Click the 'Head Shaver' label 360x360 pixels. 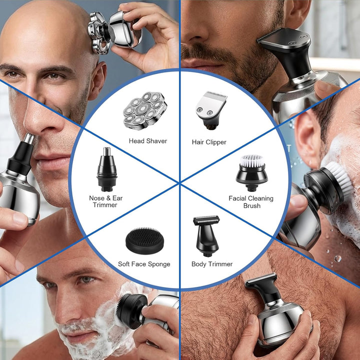click(148, 141)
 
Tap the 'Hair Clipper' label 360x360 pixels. click(209, 142)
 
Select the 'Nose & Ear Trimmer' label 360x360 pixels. click(106, 201)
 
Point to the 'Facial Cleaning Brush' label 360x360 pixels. click(251, 202)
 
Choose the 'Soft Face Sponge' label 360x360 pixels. click(144, 264)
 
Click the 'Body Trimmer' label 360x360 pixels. click(212, 264)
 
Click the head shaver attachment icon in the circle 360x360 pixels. click(145, 110)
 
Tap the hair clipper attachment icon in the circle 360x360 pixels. click(211, 110)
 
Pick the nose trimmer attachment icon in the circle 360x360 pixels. click(107, 169)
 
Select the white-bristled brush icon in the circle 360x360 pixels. click(252, 172)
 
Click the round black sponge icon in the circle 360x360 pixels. click(145, 240)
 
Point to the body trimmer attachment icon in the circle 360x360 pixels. click(206, 236)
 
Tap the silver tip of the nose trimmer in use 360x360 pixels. click(29, 138)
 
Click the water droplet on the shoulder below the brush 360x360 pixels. click(337, 258)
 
